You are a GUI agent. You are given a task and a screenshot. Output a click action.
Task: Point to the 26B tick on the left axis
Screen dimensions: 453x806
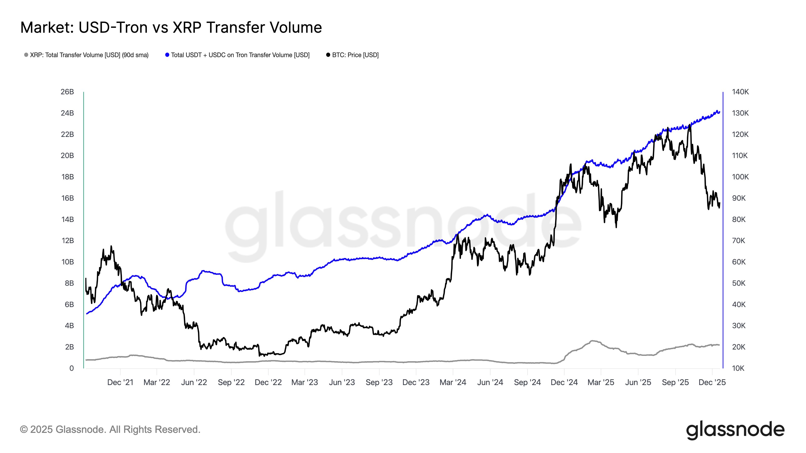click(x=67, y=92)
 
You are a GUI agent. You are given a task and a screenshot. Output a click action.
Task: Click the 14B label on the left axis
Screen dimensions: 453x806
click(x=67, y=219)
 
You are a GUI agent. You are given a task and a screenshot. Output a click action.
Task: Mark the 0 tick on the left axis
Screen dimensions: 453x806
click(x=72, y=368)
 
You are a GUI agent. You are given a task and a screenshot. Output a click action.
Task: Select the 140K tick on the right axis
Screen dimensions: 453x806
click(x=740, y=92)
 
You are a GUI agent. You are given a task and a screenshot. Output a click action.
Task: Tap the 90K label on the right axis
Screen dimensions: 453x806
click(x=739, y=198)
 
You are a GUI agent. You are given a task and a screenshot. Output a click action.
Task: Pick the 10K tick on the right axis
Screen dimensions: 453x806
click(x=738, y=368)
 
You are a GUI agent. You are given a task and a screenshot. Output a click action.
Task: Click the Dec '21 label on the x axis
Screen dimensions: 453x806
click(x=120, y=382)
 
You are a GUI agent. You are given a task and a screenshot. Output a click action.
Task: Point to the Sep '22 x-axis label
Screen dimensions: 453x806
click(x=231, y=382)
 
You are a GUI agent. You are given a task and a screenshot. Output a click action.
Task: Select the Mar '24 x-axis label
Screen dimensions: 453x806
click(x=453, y=382)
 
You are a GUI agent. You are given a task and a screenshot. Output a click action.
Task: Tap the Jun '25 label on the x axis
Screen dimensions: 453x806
click(x=638, y=382)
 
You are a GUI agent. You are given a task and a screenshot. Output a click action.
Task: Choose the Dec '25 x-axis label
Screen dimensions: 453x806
click(x=712, y=382)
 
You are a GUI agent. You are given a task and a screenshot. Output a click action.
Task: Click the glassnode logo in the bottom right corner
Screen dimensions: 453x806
click(x=735, y=430)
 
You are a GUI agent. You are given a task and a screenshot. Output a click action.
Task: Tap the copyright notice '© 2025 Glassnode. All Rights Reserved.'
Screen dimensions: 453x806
click(x=110, y=430)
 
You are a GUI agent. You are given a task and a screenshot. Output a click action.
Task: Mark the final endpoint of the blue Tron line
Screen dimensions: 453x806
click(x=720, y=112)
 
